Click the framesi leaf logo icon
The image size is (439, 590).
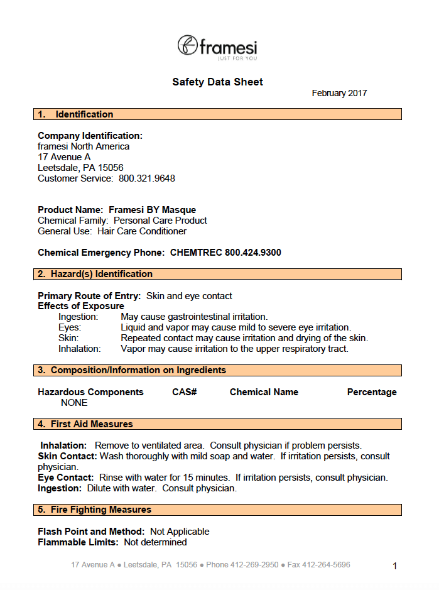(x=187, y=45)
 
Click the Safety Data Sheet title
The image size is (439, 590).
(x=217, y=82)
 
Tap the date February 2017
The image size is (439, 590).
(x=339, y=93)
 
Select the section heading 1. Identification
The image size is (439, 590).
(x=75, y=114)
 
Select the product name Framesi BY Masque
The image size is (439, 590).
(x=153, y=210)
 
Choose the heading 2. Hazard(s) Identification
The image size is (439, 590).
(x=95, y=274)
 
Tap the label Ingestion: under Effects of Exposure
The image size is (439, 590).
(x=79, y=317)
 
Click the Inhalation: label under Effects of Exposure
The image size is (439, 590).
(x=80, y=349)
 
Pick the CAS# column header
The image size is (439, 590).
(x=185, y=392)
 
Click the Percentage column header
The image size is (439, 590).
(x=372, y=392)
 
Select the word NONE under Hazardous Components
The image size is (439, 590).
(x=74, y=403)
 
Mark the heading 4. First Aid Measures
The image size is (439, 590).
(x=85, y=424)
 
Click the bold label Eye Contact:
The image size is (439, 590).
(x=66, y=478)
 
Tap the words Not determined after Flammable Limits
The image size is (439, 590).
(x=155, y=542)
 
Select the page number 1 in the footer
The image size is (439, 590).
(x=394, y=566)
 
